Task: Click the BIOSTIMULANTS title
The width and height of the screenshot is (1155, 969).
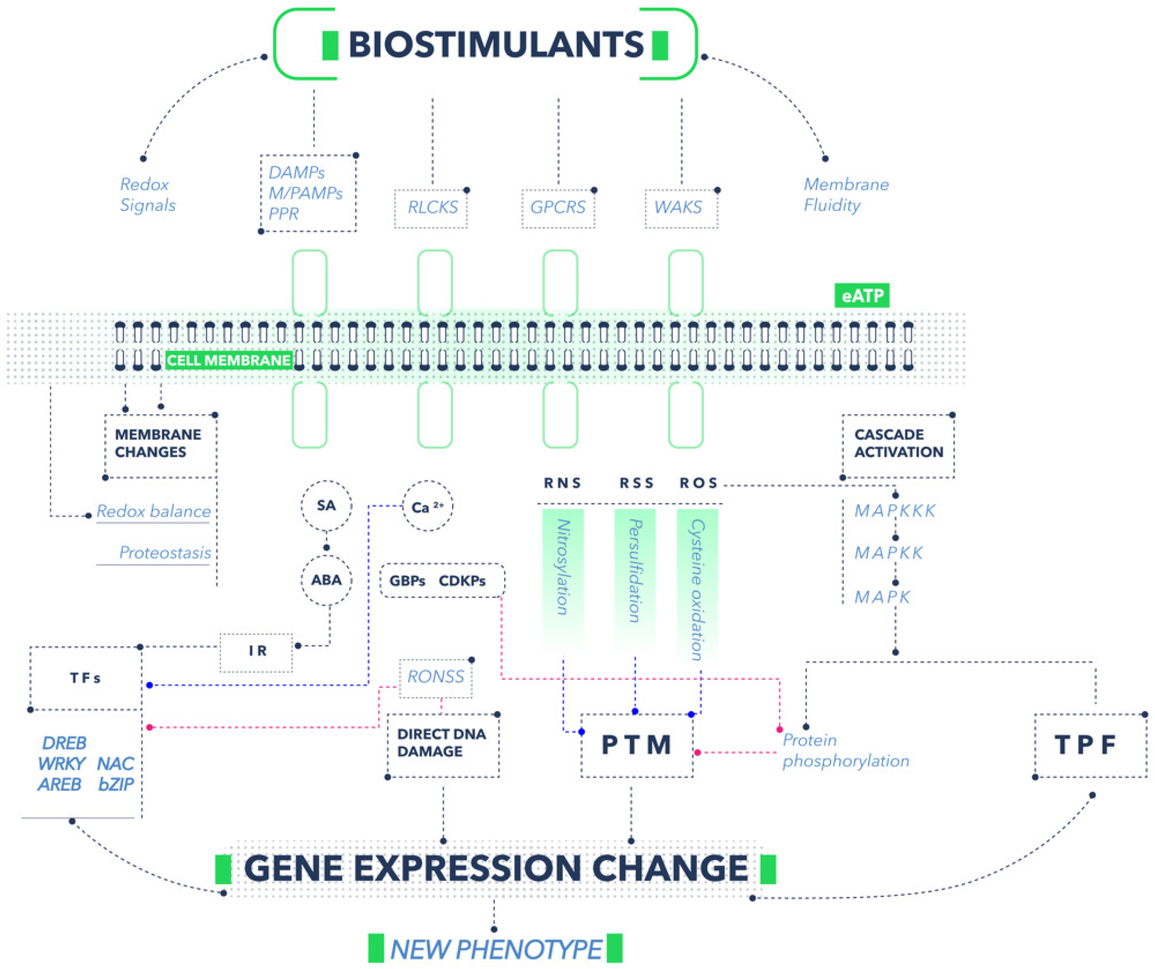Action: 495,44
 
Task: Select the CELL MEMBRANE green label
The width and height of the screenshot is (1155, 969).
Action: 229,360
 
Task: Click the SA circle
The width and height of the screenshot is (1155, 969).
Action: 326,506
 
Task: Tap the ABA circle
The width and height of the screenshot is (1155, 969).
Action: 326,580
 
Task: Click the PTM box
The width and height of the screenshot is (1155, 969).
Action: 636,745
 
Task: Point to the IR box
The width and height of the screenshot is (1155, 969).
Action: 257,651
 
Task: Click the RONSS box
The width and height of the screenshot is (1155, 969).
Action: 436,677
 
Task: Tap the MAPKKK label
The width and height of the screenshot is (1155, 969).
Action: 894,511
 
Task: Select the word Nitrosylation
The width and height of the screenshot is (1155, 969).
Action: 563,566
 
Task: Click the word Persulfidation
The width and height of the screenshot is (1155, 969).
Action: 635,570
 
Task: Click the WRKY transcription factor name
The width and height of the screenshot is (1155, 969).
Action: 62,764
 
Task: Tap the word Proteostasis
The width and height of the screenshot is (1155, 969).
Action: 165,553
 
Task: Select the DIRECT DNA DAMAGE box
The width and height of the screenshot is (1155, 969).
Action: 442,743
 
